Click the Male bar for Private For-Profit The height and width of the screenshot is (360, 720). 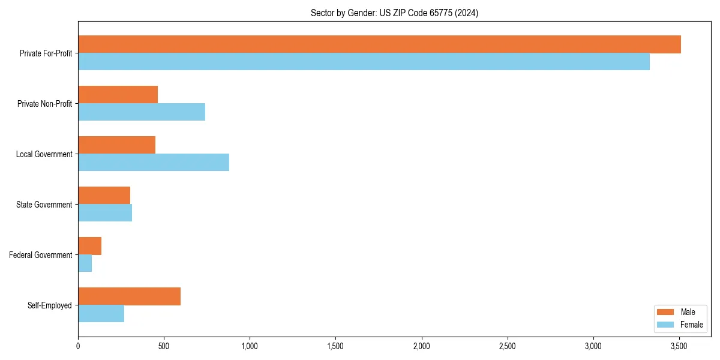point(379,44)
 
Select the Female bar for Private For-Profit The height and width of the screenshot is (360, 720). point(364,62)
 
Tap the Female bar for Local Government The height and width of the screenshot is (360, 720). point(154,163)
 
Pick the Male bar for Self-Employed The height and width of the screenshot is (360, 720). point(129,296)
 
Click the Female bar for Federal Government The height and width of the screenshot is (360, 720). point(85,263)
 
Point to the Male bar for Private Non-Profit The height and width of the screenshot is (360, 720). point(118,95)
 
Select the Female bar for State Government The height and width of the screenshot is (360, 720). point(105,213)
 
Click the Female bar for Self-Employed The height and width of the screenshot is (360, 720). point(101,314)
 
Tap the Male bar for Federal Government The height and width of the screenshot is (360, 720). point(89,246)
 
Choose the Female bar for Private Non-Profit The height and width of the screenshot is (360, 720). point(142,112)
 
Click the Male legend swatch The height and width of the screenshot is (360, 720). point(665,312)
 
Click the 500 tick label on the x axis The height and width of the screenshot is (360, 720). point(164,346)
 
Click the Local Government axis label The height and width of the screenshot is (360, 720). point(44,154)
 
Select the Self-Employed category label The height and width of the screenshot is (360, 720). point(49,305)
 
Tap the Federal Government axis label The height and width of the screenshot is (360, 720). point(41,255)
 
